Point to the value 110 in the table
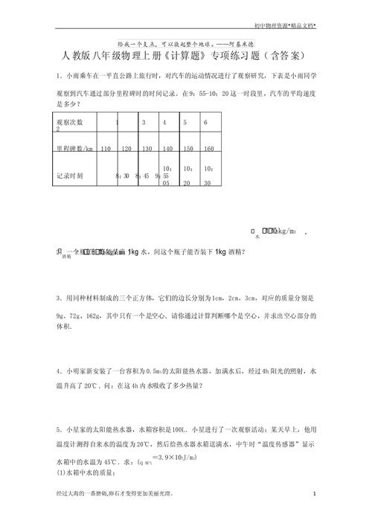104,148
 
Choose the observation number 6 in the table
205,121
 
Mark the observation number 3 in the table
144,121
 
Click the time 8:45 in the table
141,176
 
